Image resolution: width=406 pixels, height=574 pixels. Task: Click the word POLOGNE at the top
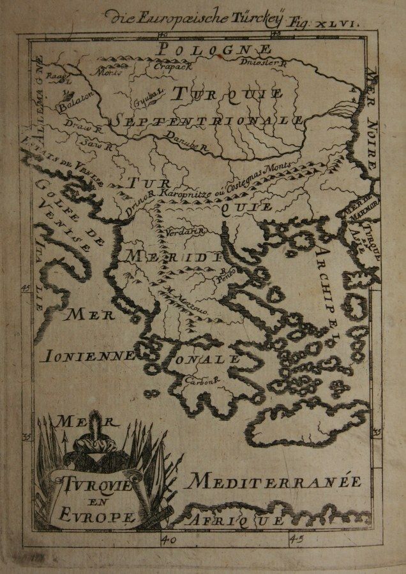214,49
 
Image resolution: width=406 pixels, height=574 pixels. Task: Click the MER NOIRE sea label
372,121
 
